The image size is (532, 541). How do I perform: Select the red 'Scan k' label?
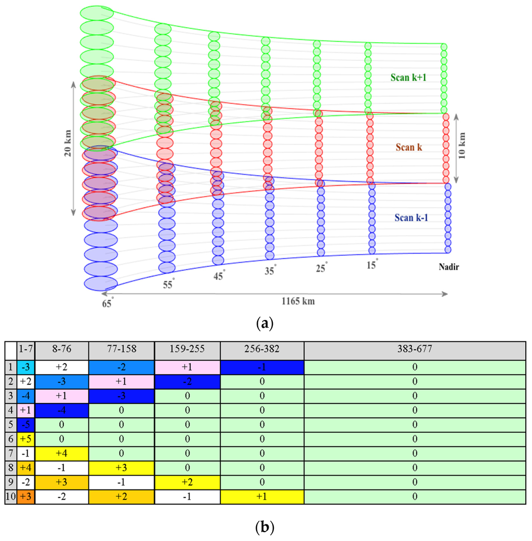(408, 147)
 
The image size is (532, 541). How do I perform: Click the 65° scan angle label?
(108, 304)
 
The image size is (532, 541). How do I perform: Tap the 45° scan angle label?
(219, 276)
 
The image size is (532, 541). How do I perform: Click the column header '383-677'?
(415, 350)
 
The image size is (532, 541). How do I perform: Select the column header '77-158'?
(122, 350)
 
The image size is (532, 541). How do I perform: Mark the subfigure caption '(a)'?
(265, 324)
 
